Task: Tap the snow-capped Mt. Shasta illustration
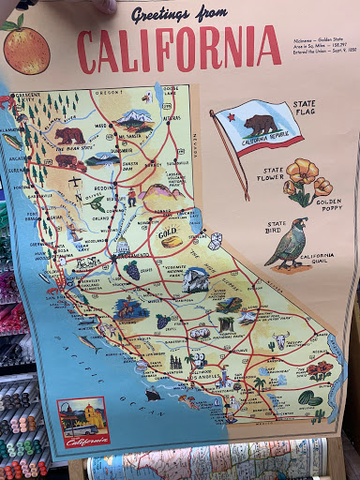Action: (137, 119)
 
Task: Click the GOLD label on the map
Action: (169, 228)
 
